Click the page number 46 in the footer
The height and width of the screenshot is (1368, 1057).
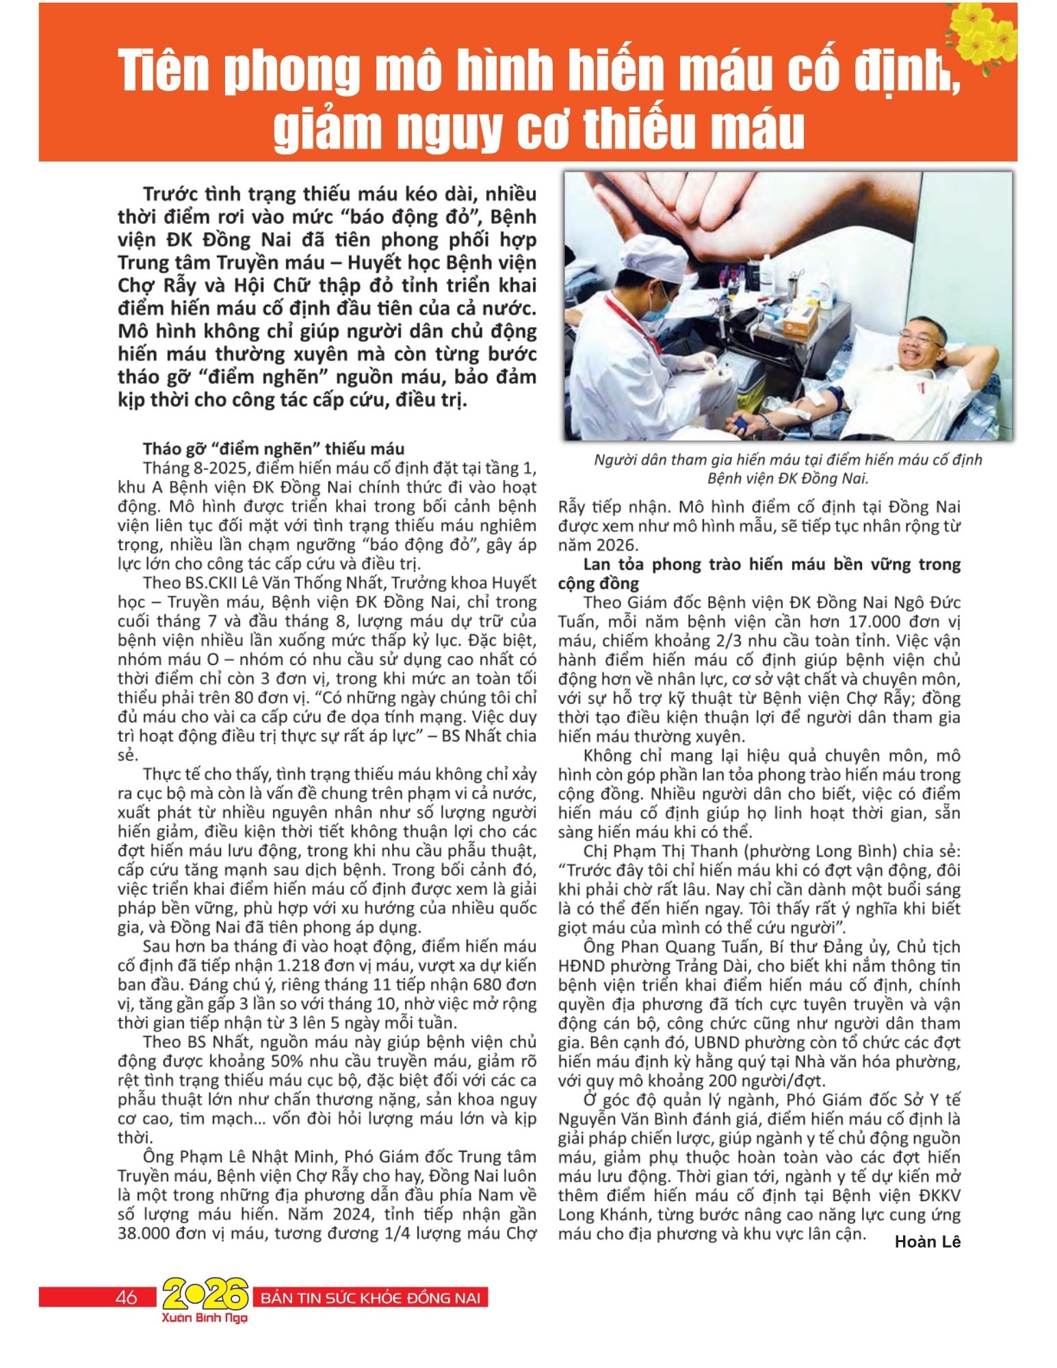coord(127,1297)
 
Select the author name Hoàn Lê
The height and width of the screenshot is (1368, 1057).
coord(927,1241)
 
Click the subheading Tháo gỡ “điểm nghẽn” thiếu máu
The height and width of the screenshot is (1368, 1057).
coord(274,449)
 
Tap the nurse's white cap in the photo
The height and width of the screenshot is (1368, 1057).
coord(647,253)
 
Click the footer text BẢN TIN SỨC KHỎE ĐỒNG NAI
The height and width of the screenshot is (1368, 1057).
coord(370,1298)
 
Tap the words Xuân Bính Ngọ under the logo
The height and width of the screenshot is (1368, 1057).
coord(205,1318)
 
